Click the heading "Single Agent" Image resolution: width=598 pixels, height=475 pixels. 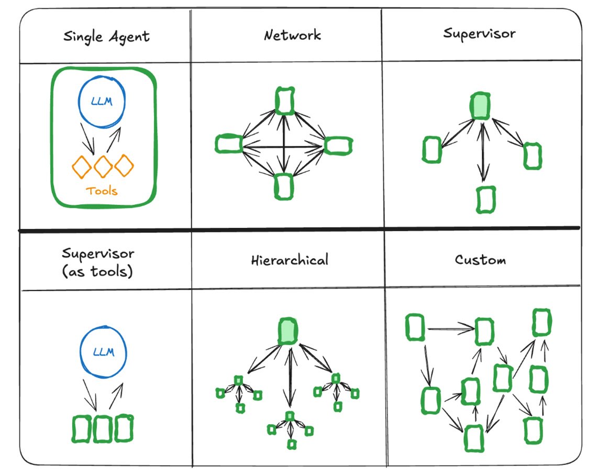(x=106, y=37)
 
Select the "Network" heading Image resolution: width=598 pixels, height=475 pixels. (x=292, y=36)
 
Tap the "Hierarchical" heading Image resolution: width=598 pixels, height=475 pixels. (x=289, y=259)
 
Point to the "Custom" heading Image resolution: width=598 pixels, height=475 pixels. (x=480, y=259)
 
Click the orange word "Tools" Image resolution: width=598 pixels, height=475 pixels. (x=103, y=191)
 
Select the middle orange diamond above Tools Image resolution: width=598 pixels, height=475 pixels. (x=103, y=166)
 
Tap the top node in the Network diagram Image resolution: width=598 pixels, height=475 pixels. (x=284, y=101)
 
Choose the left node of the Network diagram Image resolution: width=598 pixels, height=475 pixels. (x=229, y=143)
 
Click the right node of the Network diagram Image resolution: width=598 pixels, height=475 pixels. (x=338, y=145)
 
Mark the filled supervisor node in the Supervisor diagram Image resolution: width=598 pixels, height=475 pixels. (x=480, y=106)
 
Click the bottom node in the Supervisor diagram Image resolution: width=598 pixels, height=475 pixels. (x=485, y=200)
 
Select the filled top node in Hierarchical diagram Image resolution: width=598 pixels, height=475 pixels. (x=287, y=331)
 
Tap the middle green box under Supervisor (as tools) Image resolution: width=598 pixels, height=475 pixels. (x=103, y=428)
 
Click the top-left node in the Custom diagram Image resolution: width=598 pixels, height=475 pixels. (x=415, y=327)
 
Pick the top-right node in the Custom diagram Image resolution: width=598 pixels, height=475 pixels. (x=541, y=322)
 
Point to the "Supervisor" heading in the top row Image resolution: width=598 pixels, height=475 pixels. (x=479, y=34)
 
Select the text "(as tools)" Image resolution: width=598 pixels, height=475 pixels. (x=98, y=272)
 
